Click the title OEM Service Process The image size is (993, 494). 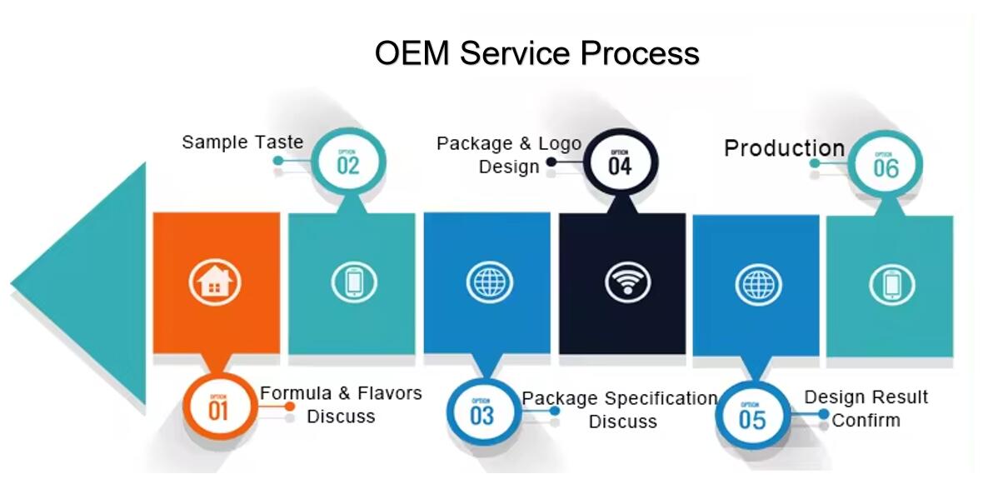coord(536,53)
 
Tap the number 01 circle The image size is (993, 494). coord(218,407)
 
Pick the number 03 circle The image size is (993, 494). coord(482,412)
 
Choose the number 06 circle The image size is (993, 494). coord(886,165)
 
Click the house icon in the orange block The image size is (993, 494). coord(215,282)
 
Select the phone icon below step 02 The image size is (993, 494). coord(354,282)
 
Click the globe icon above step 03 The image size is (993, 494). coord(489,282)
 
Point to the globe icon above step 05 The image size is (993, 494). coord(758,285)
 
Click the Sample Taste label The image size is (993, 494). coord(242,142)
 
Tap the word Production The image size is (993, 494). coord(784,148)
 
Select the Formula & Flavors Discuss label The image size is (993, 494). coord(341,404)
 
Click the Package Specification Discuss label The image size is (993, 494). coord(620,410)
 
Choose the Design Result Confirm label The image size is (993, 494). coord(866,408)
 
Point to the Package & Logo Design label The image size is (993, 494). coord(509,155)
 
